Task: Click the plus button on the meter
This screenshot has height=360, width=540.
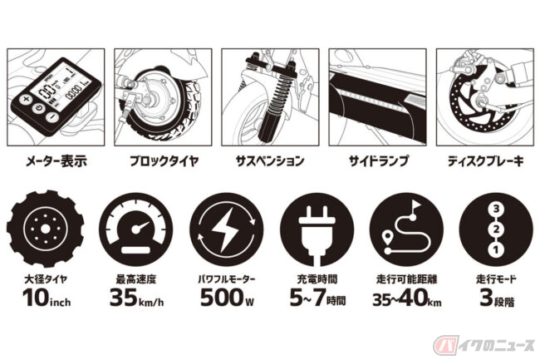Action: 25,101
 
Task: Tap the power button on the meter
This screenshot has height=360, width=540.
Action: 39,109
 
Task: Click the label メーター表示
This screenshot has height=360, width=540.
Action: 56,161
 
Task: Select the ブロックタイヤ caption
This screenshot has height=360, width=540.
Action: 164,161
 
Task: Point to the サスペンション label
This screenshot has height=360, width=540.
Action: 270,161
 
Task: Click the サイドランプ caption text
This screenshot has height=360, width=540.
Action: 378,161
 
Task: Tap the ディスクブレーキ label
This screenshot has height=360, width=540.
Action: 485,161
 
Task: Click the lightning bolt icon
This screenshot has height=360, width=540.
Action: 226,229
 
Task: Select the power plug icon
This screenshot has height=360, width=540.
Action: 317,234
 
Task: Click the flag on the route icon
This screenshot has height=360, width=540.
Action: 416,207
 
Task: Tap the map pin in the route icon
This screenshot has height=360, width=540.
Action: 388,238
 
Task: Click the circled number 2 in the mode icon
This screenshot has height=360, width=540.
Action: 496,229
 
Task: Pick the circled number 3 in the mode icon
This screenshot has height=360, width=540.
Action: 496,209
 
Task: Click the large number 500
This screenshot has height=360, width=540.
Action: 222,298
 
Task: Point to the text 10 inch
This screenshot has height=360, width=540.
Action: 47,298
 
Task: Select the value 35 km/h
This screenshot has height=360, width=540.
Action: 137,298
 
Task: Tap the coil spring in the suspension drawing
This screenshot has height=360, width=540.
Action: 279,100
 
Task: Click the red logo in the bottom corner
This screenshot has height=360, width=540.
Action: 445,344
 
